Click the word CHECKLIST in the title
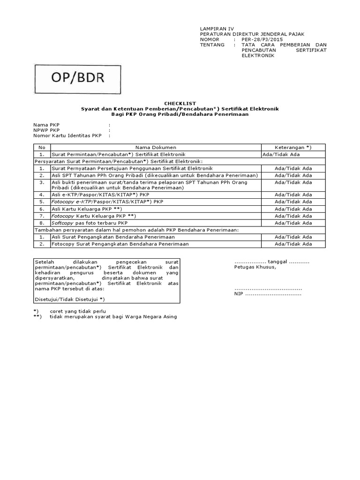[x=180, y=103]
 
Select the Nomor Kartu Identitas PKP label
[x=67, y=135]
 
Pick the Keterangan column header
[x=293, y=147]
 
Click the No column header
[x=42, y=147]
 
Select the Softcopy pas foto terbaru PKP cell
[x=90, y=223]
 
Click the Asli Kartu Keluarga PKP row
[x=87, y=209]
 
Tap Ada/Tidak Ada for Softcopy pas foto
[x=293, y=223]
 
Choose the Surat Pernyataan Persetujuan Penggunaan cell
[x=132, y=168]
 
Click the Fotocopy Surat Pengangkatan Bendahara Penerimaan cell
[x=120, y=244]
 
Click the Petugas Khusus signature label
[x=255, y=267]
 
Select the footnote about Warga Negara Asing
[x=113, y=317]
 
